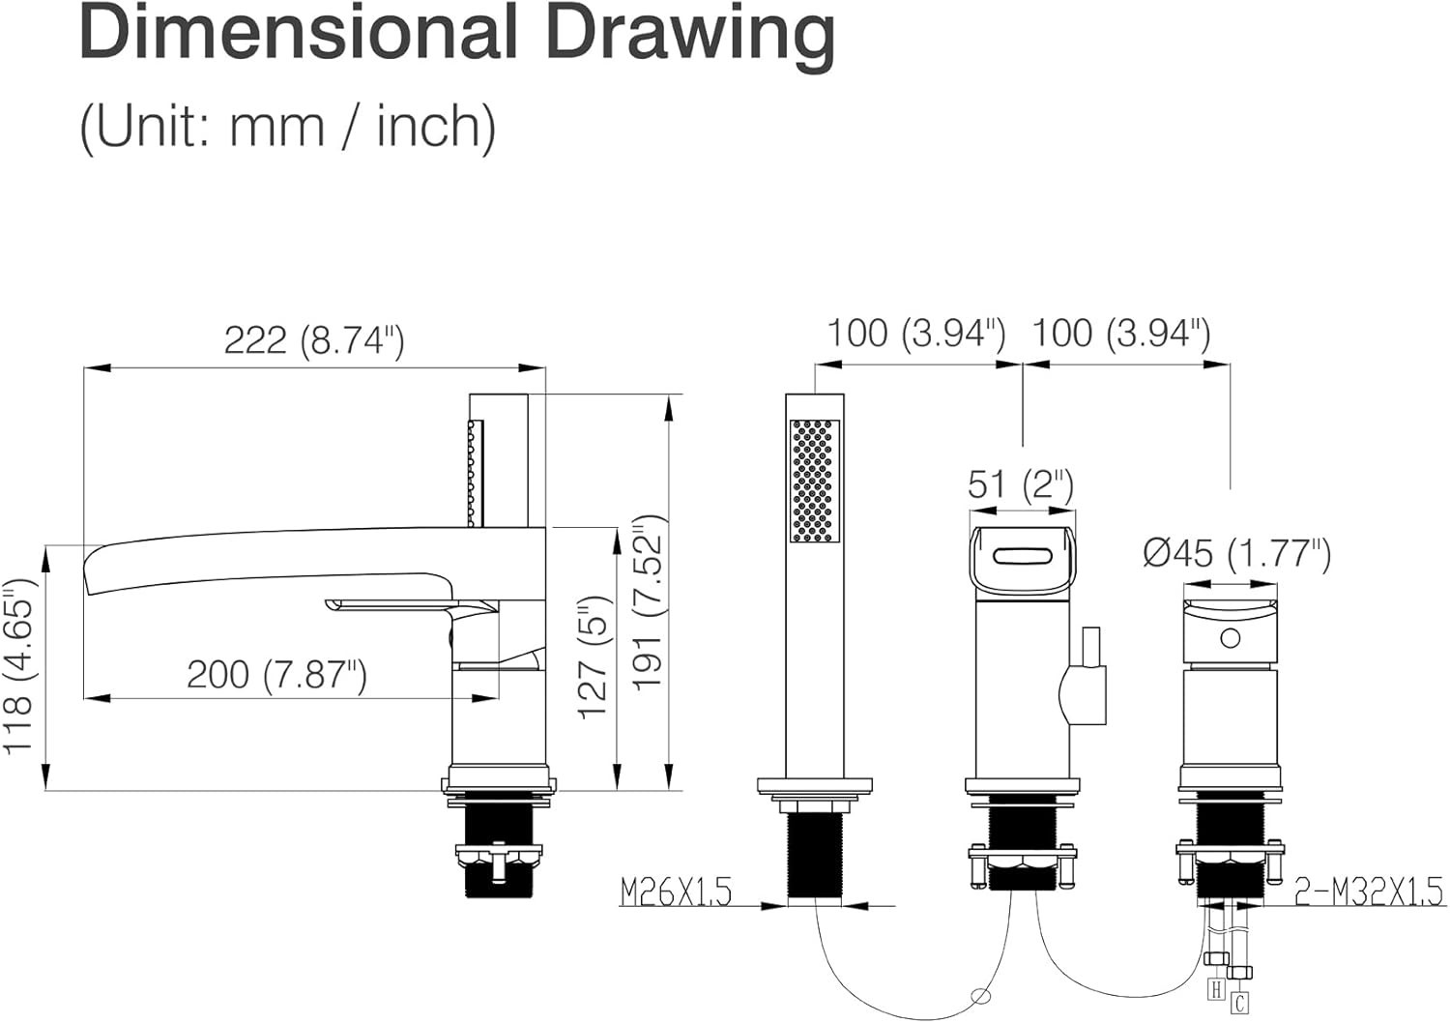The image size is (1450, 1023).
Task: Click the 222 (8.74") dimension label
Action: click(x=314, y=340)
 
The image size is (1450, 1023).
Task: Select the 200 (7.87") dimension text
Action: click(x=277, y=675)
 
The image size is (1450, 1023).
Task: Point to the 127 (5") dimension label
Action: click(x=594, y=658)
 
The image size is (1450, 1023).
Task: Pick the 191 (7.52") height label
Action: click(x=648, y=603)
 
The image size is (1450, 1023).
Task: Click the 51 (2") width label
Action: click(x=1021, y=485)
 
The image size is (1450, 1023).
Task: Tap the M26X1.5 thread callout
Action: click(x=677, y=892)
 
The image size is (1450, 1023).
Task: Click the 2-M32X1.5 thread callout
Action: click(x=1369, y=891)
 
